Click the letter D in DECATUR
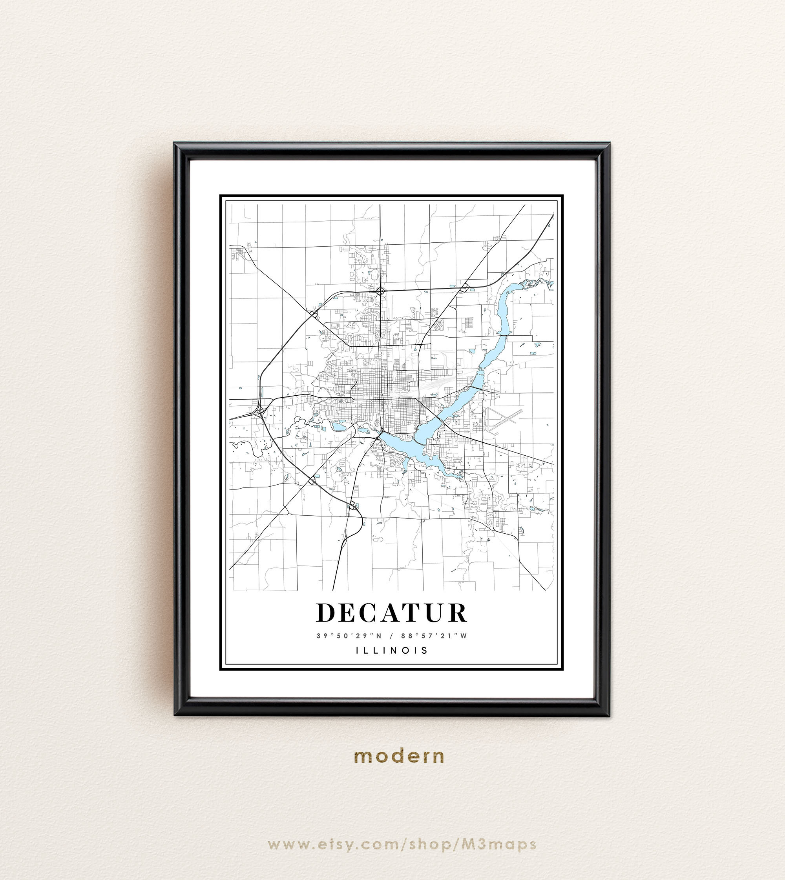[326, 613]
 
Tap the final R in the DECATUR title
[456, 613]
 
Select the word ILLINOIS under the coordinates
[392, 650]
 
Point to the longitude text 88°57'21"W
[434, 636]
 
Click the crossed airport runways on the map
[503, 419]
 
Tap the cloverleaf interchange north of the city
[380, 292]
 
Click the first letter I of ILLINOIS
[358, 650]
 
